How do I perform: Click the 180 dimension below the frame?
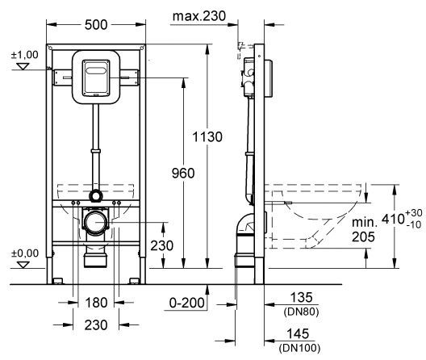tap(96, 304)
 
